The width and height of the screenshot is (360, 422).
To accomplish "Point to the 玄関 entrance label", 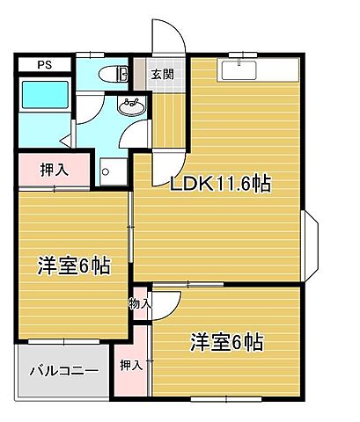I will tap(162, 74).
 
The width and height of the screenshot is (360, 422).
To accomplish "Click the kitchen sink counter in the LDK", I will tap(238, 69).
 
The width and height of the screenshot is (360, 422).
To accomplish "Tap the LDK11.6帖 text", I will tap(220, 183).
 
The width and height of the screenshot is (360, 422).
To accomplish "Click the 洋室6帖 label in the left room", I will tap(72, 266).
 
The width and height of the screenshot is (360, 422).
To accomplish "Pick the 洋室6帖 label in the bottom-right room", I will tap(226, 342).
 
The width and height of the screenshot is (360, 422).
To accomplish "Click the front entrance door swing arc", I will tap(169, 40).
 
